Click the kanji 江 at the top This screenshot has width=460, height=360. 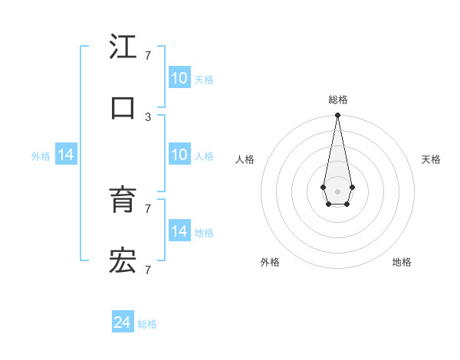click(123, 47)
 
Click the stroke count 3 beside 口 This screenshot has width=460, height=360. click(148, 116)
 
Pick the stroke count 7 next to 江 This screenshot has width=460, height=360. click(148, 56)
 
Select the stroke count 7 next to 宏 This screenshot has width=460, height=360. click(148, 270)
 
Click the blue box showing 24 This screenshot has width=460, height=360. click(123, 323)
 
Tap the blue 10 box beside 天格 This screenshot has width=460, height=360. click(179, 78)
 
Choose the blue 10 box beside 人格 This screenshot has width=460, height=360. click(179, 155)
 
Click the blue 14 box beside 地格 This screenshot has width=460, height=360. click(179, 231)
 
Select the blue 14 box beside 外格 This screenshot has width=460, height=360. click(66, 155)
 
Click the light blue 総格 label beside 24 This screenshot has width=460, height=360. click(147, 324)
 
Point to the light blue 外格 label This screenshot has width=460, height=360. click(41, 155)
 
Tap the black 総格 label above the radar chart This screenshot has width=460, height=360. click(337, 100)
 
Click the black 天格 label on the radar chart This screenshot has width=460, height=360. click(431, 159)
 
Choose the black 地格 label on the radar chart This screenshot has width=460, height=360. click(402, 262)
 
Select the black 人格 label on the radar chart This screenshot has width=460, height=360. click(245, 159)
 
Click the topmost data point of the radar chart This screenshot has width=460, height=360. click(337, 116)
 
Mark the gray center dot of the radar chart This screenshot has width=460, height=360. click(337, 190)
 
